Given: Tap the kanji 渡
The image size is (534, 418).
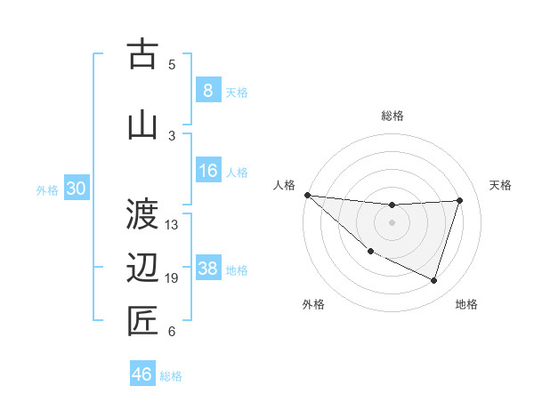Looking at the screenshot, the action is point(142,213).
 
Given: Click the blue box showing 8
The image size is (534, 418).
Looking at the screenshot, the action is point(207,91).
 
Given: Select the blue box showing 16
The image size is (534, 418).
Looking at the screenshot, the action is point(207,172).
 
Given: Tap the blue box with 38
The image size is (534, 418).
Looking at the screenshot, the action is point(207,269).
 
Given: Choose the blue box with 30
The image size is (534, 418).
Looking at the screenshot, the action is point(76,189).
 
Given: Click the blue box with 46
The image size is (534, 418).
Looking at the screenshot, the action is point(142,374).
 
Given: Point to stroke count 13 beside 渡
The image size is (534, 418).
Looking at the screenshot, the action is point(172,224).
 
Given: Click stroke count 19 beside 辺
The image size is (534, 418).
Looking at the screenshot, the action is point(172,278).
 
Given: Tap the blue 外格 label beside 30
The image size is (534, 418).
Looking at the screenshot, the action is point(47,190).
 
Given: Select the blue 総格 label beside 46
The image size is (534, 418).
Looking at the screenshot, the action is point(171,376).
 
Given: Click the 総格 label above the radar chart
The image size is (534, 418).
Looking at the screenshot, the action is point(392,116).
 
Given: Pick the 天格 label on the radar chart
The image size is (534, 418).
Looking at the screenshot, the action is point(500,185).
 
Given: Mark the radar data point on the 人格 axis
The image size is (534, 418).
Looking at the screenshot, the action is point(307,195).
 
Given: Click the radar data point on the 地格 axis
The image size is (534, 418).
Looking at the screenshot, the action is point(433,280).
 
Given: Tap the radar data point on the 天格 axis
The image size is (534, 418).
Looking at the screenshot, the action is point(459,200).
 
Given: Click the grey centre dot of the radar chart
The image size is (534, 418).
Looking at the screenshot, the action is point(392,222).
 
